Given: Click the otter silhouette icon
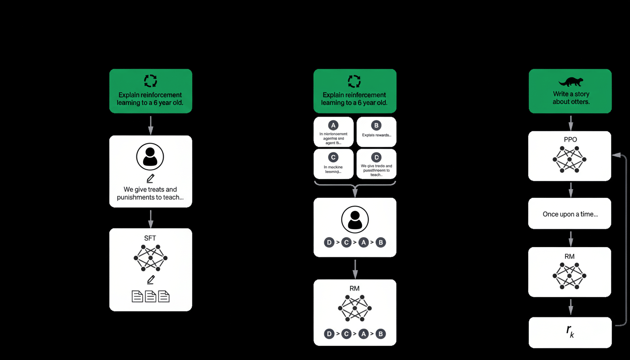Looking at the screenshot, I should click(570, 82).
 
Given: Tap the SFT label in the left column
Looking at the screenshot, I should click(150, 238).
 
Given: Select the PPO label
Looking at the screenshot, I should click(570, 140).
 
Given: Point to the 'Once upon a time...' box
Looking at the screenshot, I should click(570, 214).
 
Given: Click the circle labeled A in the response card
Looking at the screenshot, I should click(333, 125).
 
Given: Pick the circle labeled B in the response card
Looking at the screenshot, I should click(376, 125).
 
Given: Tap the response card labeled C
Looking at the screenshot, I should click(333, 164).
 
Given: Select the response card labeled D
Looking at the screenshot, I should click(376, 164).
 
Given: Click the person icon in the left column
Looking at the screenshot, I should click(150, 157).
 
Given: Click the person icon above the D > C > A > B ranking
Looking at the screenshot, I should click(355, 219).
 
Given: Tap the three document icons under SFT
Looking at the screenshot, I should click(150, 296).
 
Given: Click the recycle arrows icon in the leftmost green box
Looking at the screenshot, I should click(150, 81).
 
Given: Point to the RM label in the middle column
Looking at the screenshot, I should click(354, 288).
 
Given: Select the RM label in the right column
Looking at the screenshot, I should click(570, 256).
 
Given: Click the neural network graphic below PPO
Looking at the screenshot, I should click(570, 159).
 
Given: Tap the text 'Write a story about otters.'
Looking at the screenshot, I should click(570, 97).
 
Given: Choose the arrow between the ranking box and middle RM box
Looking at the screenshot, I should click(355, 268).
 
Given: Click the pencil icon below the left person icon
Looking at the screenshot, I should click(150, 178).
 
